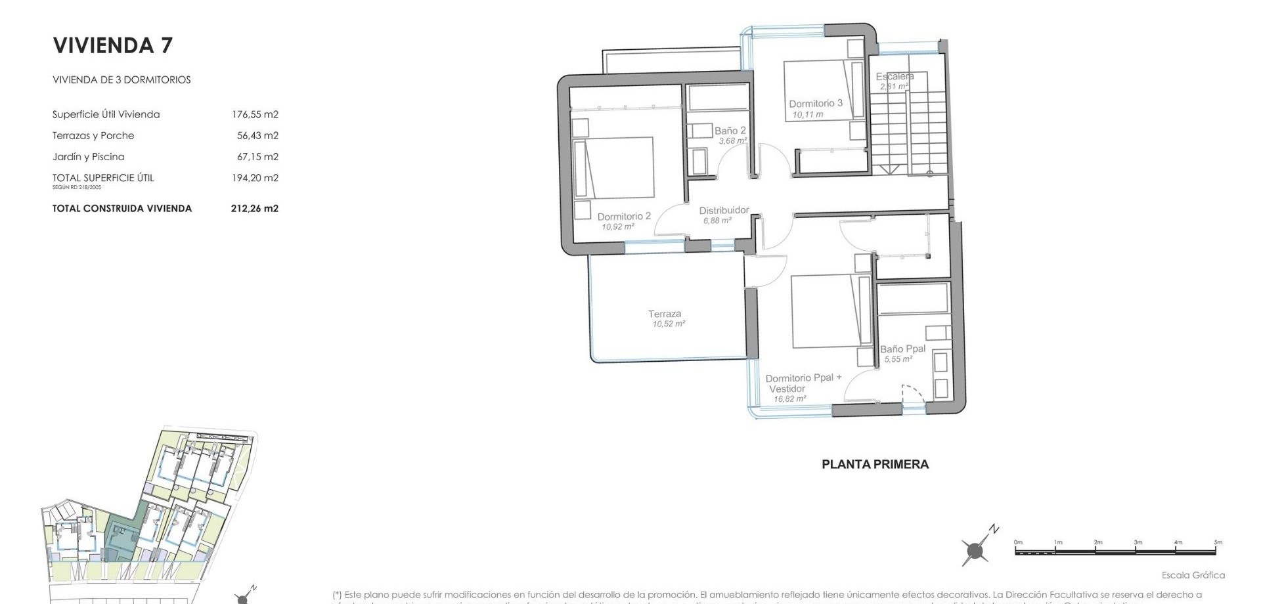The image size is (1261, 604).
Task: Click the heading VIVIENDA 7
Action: (x=112, y=45)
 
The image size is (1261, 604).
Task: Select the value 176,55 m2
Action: (x=255, y=114)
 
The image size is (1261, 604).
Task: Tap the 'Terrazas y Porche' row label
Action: (x=93, y=135)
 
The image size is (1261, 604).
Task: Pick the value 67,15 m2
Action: (x=257, y=156)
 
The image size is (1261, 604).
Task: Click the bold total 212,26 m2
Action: (x=255, y=208)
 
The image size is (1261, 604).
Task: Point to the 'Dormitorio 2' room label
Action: (x=624, y=216)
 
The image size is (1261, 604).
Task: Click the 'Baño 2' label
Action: (x=730, y=131)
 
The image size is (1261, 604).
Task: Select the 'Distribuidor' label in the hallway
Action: (x=724, y=210)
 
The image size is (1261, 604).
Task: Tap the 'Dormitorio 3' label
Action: (x=815, y=103)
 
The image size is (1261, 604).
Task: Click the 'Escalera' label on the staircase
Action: (x=895, y=77)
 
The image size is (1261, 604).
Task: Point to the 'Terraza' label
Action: (x=665, y=314)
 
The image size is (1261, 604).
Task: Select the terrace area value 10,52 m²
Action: (x=669, y=324)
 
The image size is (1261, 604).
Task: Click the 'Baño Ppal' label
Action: (x=902, y=349)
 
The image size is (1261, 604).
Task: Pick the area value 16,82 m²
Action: (x=789, y=399)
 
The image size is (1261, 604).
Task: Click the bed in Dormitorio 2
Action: (x=614, y=167)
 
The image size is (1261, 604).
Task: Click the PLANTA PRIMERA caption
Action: (x=875, y=464)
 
